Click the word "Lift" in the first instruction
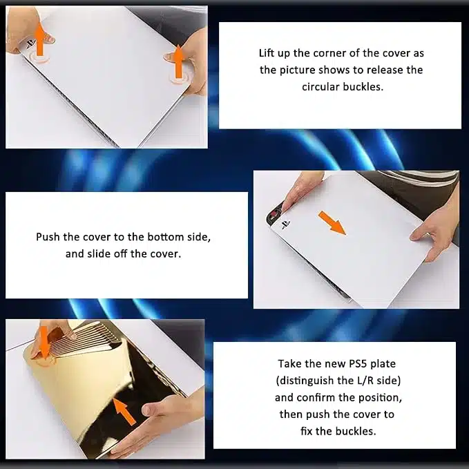pyautogui.click(x=266, y=53)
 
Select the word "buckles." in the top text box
pyautogui.click(x=363, y=87)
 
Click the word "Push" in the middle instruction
pyautogui.click(x=48, y=237)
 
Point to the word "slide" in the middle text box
pyautogui.click(x=99, y=254)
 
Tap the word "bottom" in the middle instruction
pyautogui.click(x=165, y=237)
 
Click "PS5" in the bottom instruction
pyautogui.click(x=358, y=364)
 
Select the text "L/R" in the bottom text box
pyautogui.click(x=365, y=381)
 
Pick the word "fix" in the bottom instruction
pyautogui.click(x=306, y=431)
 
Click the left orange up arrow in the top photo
pyautogui.click(x=40, y=39)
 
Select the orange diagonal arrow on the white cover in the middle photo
pyautogui.click(x=332, y=223)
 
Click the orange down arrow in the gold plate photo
pyautogui.click(x=44, y=343)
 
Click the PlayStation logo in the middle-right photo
pyautogui.click(x=285, y=224)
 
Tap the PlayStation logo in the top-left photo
pyautogui.click(x=30, y=44)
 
